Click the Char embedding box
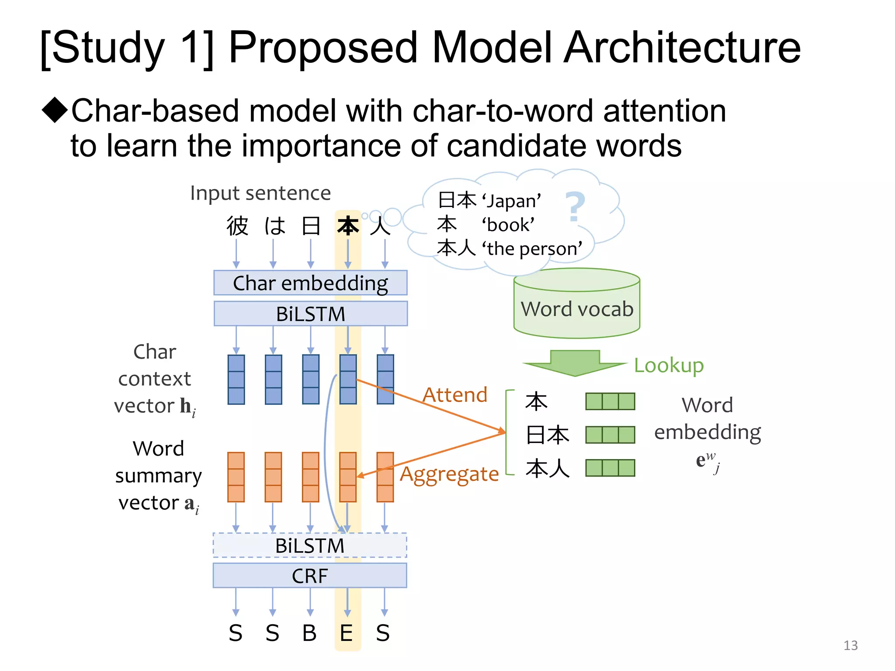tap(310, 283)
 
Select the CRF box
tap(309, 576)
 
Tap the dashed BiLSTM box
tap(309, 546)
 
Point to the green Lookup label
tap(669, 365)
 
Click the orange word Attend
tap(454, 395)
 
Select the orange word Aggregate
tap(449, 474)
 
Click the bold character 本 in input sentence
tap(348, 226)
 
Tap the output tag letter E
tap(346, 633)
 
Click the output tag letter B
tap(309, 633)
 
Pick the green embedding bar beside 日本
tap(610, 435)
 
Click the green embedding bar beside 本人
tap(610, 468)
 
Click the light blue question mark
tap(575, 207)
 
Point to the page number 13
tap(850, 645)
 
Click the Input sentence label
tap(260, 193)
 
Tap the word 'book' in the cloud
tap(508, 225)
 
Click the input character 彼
tap(237, 226)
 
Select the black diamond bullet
tap(55, 110)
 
